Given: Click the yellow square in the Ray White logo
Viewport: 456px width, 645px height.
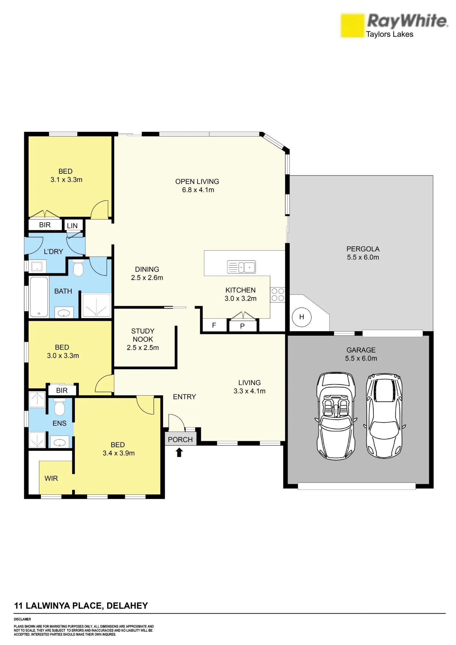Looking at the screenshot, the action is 352,25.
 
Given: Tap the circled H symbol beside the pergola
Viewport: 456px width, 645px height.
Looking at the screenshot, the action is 302,317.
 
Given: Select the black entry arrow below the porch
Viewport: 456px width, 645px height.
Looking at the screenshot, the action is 179,452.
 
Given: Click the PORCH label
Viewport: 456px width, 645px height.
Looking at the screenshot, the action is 180,440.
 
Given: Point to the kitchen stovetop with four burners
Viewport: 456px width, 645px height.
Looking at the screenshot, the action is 278,294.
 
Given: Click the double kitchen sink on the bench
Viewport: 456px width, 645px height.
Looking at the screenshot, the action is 241,267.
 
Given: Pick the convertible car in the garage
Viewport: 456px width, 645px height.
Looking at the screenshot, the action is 336,416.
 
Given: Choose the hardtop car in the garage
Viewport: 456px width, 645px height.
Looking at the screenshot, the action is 384,416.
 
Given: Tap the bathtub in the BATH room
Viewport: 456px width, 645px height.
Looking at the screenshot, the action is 39,297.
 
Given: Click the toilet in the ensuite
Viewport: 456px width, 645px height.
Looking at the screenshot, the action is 59,407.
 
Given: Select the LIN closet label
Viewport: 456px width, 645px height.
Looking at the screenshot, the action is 72,226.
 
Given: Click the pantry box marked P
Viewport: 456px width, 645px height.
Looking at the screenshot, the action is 243,326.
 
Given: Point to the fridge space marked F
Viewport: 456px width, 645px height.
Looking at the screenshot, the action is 214,325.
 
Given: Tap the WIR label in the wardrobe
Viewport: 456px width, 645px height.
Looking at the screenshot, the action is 51,478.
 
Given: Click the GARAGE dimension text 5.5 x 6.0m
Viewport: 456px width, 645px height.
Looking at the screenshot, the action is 361,358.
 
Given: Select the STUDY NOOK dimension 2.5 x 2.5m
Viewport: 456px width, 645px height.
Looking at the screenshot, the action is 143,348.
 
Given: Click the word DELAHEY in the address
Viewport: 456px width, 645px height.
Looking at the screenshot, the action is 127,606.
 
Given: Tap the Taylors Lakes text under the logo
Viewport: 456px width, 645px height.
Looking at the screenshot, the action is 390,34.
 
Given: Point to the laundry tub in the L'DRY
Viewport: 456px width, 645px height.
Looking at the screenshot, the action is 37,267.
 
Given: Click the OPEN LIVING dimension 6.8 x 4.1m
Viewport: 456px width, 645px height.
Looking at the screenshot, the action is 198,190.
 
